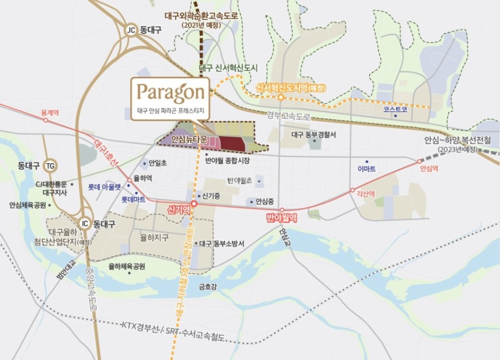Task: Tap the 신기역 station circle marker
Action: point(194,204)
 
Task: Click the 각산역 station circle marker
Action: point(352,190)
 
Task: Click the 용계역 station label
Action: point(51,112)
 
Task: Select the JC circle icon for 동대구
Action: point(131,30)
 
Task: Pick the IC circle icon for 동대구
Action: point(85,224)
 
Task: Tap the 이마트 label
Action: point(366,169)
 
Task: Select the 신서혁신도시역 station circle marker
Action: point(280,97)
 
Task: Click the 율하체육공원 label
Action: point(127,266)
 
